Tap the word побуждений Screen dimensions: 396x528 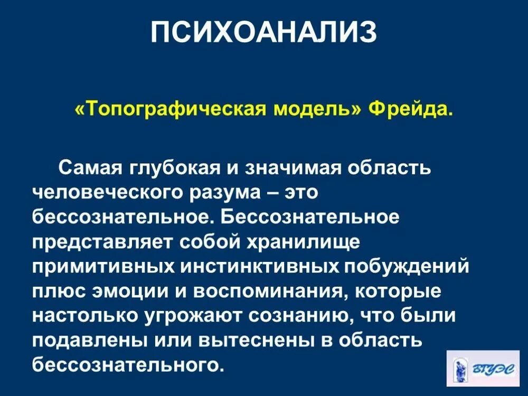(x=407, y=265)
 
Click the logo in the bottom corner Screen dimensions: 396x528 (x=483, y=367)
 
